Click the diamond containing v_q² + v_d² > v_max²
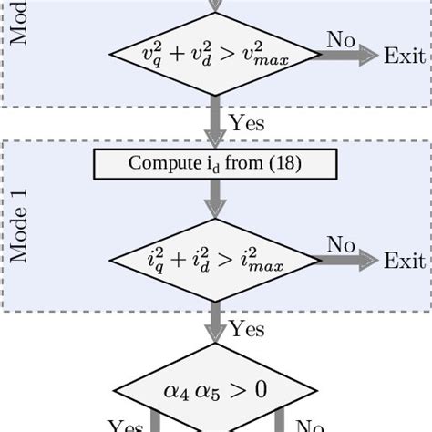coord(215,56)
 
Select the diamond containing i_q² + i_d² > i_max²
coord(215,262)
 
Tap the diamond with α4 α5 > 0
coord(215,390)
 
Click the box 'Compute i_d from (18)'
coord(215,164)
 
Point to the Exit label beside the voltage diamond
coord(404,56)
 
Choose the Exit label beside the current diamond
coord(404,262)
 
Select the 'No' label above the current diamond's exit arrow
coord(341,244)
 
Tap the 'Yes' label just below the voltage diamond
coord(248,121)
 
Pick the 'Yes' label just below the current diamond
coord(248,327)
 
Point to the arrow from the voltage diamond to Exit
coord(350,56)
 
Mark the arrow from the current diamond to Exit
coord(350,262)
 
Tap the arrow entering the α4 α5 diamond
coord(215,326)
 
